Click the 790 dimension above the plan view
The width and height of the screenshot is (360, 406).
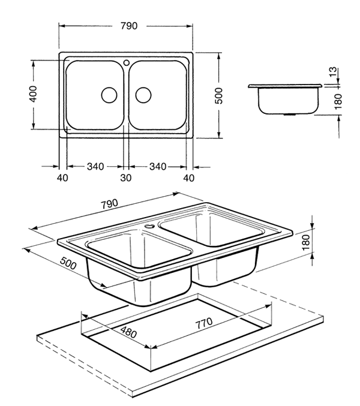pos(129,26)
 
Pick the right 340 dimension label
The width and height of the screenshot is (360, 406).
pos(158,166)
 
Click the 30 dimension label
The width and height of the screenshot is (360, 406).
pos(125,178)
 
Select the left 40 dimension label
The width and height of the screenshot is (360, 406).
pos(62,178)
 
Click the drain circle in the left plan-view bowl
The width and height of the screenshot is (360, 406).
pos(109,94)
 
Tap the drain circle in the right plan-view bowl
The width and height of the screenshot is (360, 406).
pos(143,94)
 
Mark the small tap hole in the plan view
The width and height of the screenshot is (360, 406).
pos(126,62)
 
